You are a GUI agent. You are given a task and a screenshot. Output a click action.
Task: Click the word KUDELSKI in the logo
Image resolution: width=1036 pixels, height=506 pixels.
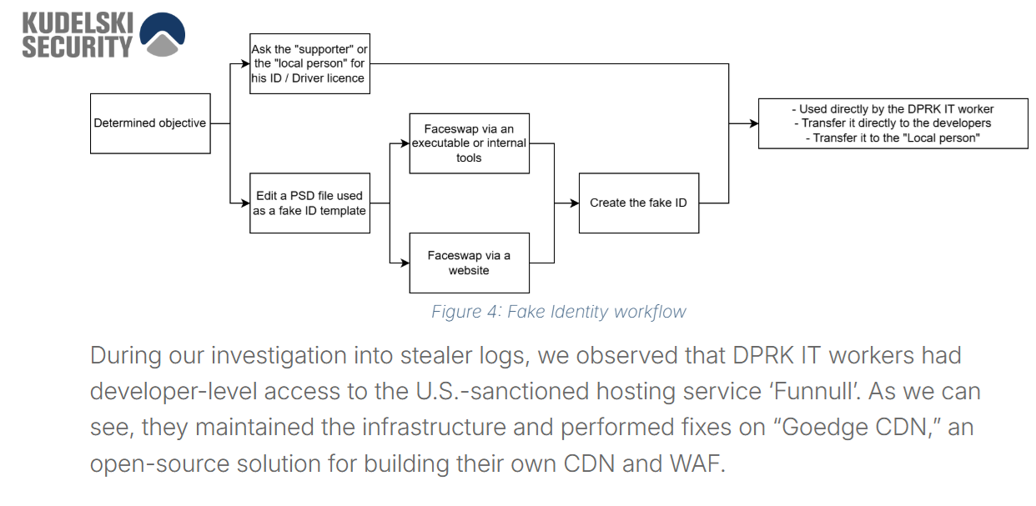click(77, 23)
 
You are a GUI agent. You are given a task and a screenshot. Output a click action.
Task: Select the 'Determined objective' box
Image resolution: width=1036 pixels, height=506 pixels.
click(150, 123)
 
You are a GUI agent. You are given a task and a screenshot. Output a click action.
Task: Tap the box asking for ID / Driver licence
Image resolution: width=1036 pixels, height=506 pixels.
click(309, 64)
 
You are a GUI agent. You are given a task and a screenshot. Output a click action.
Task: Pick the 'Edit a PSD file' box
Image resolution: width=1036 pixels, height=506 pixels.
click(309, 203)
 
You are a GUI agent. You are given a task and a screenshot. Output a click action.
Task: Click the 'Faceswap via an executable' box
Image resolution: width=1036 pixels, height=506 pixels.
click(469, 143)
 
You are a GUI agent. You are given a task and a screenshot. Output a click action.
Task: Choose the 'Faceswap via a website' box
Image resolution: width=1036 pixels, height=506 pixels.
click(469, 263)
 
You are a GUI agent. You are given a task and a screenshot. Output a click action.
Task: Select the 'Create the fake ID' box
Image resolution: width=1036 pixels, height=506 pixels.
click(638, 203)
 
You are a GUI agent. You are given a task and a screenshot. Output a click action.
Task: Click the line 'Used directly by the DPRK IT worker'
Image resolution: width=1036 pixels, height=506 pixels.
click(893, 109)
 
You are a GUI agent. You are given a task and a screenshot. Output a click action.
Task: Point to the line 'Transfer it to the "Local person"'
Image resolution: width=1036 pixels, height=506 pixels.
click(893, 138)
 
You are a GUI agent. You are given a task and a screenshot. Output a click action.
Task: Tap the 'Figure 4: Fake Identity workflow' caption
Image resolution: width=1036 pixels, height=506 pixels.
click(558, 312)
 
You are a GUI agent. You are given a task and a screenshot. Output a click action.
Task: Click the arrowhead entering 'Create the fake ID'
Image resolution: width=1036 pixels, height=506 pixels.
click(574, 203)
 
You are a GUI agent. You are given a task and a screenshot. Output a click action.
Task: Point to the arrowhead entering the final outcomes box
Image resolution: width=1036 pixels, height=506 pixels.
click(753, 123)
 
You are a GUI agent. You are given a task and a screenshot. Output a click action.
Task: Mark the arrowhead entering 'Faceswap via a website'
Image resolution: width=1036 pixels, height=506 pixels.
click(405, 263)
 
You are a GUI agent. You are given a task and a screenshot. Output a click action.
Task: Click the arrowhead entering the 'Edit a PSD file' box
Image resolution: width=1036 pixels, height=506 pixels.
click(245, 203)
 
